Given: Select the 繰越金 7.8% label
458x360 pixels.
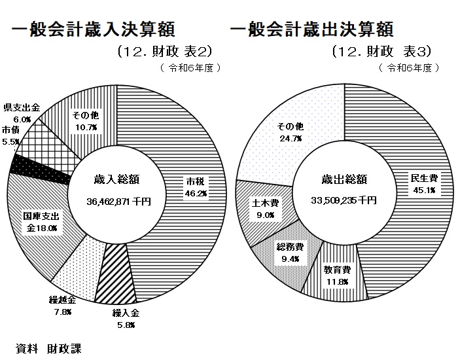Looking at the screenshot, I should [x=63, y=306].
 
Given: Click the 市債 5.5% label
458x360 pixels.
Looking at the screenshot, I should [x=11, y=135].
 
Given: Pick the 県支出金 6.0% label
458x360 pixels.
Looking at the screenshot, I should [x=22, y=113].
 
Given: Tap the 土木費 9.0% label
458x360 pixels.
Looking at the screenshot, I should [x=264, y=207].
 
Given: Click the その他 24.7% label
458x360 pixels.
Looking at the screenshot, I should [x=286, y=132].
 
